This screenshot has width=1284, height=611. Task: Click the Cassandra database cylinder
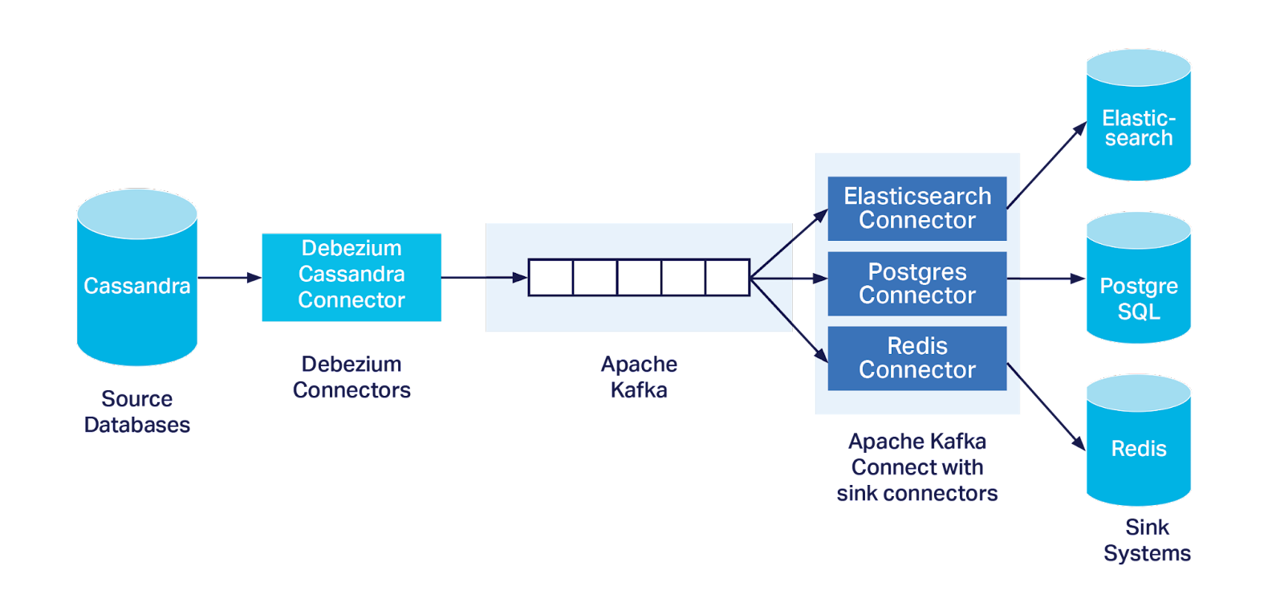pyautogui.click(x=137, y=277)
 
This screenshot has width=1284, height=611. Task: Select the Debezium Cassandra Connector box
pyautogui.click(x=351, y=277)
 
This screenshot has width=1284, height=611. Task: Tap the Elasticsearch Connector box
pyautogui.click(x=917, y=208)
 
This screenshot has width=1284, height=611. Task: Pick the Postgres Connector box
pyautogui.click(x=917, y=283)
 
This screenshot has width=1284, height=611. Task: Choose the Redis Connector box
pyautogui.click(x=917, y=359)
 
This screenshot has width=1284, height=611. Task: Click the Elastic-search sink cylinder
pyautogui.click(x=1139, y=115)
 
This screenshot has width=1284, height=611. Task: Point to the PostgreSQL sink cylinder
pyautogui.click(x=1139, y=278)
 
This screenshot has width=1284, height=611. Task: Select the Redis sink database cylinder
pyautogui.click(x=1139, y=440)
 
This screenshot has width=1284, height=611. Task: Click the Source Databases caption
pyautogui.click(x=137, y=411)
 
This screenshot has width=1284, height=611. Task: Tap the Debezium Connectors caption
pyautogui.click(x=351, y=377)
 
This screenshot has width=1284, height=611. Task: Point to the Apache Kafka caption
pyautogui.click(x=639, y=377)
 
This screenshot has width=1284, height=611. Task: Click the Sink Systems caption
pyautogui.click(x=1147, y=540)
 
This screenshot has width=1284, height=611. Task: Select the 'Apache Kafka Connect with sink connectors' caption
pyautogui.click(x=917, y=467)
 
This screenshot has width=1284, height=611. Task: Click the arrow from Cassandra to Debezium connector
pyautogui.click(x=230, y=278)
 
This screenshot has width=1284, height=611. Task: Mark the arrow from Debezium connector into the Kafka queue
pyautogui.click(x=485, y=278)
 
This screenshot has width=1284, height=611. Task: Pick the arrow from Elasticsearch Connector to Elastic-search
pyautogui.click(x=1046, y=165)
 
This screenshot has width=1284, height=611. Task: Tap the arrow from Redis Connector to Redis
pyautogui.click(x=1046, y=407)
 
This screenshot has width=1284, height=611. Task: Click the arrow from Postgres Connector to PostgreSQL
pyautogui.click(x=1046, y=279)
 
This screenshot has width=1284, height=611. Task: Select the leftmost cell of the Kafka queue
pyautogui.click(x=551, y=278)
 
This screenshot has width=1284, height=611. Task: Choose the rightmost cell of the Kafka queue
pyautogui.click(x=727, y=278)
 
